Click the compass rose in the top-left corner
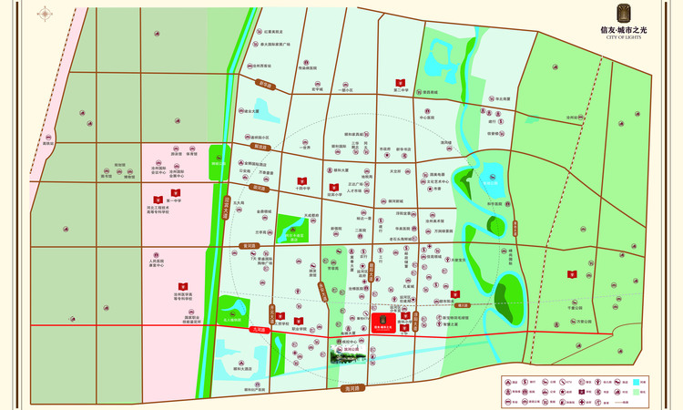click(x=43, y=15)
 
